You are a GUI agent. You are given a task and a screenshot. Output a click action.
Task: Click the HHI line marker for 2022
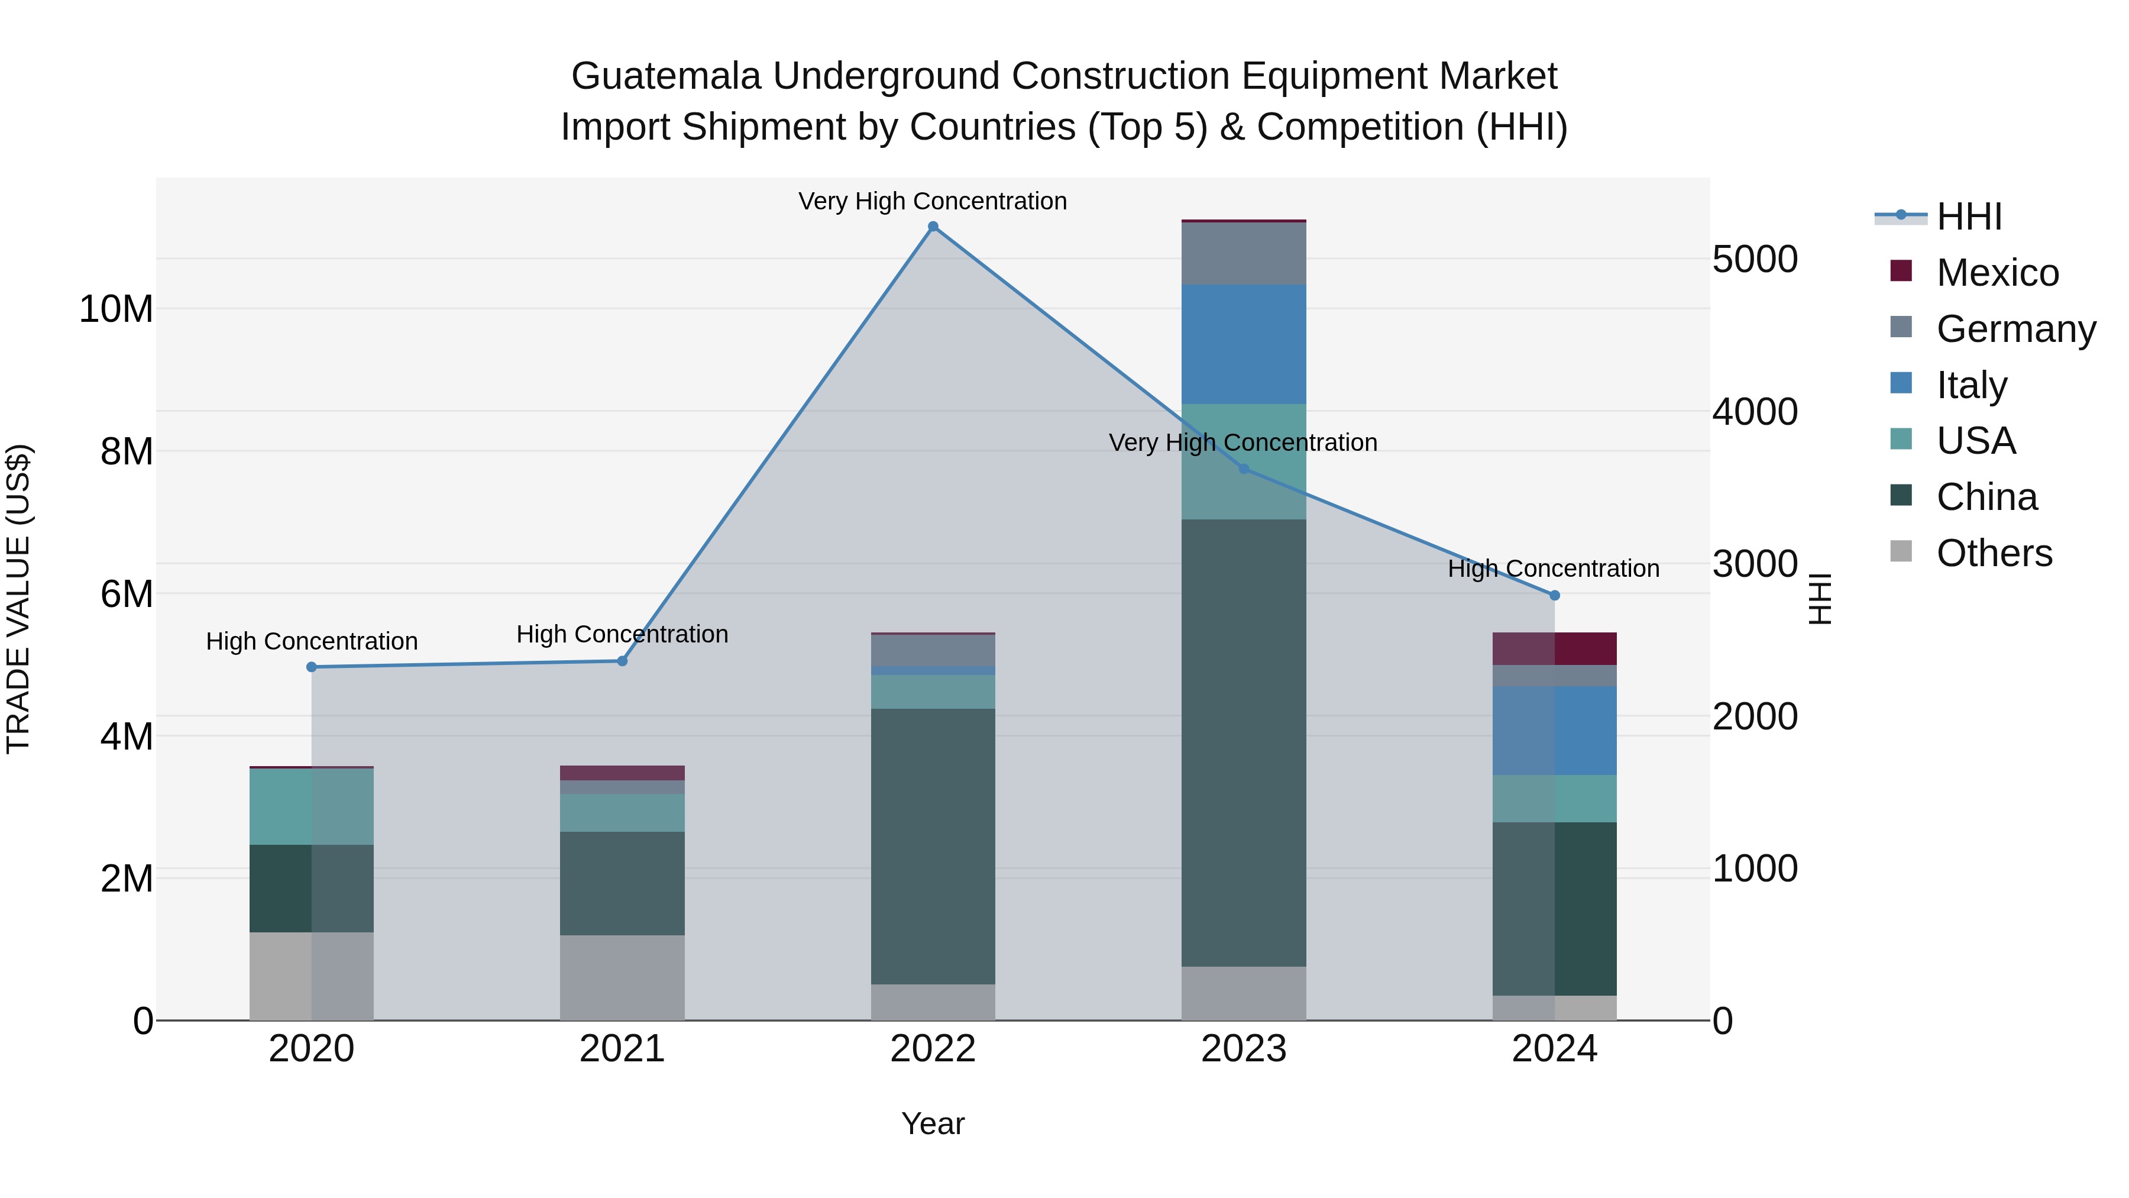[x=933, y=227]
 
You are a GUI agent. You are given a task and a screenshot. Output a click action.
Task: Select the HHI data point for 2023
[x=1244, y=469]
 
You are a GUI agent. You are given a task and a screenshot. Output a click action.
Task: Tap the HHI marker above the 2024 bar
[x=1555, y=595]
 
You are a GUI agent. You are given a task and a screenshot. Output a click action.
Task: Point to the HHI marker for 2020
[x=312, y=667]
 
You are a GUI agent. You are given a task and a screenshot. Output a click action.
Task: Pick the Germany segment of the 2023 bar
[x=1244, y=254]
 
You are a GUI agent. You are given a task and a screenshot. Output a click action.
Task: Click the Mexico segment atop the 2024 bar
[x=1555, y=648]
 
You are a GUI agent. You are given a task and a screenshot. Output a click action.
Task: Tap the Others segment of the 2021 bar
[x=622, y=977]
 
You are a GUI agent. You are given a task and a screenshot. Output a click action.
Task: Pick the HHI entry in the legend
[x=1969, y=217]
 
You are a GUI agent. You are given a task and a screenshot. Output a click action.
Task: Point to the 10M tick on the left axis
[x=116, y=309]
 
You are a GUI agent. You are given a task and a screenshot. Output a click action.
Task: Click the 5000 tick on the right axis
[x=1755, y=260]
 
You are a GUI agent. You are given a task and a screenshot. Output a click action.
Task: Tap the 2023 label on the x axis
[x=1244, y=1049]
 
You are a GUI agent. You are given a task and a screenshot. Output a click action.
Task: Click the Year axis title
[x=933, y=1123]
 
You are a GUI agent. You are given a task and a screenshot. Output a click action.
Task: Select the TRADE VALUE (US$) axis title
[x=18, y=599]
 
